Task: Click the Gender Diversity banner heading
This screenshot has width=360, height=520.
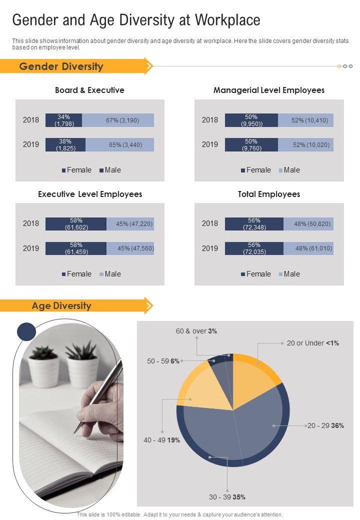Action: click(x=61, y=66)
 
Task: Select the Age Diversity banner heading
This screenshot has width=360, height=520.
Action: click(x=61, y=305)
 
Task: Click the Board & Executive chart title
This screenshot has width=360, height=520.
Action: click(x=89, y=90)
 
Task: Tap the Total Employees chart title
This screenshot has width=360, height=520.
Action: click(x=269, y=194)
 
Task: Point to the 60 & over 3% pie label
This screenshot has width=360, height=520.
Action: click(x=196, y=331)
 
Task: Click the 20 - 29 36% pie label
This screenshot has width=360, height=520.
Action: click(x=325, y=426)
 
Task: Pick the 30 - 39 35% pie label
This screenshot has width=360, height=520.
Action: click(x=227, y=497)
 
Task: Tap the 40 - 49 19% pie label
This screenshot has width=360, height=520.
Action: click(x=161, y=440)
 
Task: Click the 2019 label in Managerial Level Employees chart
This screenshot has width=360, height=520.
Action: click(x=210, y=144)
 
